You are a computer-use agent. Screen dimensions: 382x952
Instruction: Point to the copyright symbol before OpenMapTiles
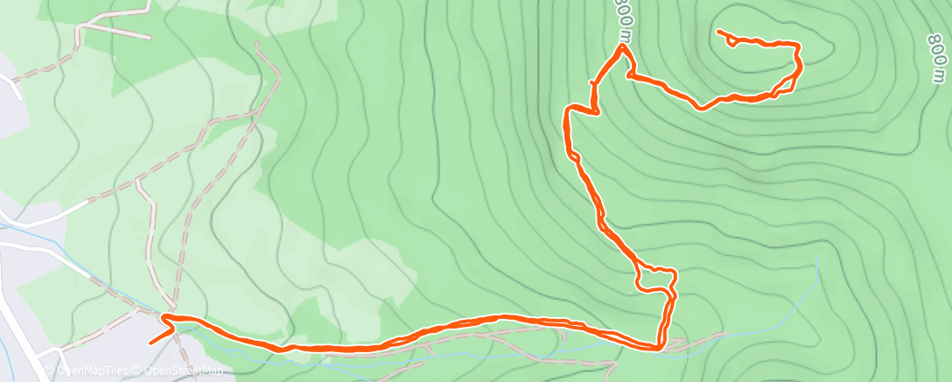coord(49,371)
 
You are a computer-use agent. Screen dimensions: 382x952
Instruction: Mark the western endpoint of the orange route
coord(151,343)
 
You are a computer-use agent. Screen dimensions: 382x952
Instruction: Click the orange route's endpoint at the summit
coord(718,32)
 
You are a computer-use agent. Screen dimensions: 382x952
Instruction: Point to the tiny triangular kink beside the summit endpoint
coord(731,40)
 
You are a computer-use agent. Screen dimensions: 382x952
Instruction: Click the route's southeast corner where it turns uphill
coord(659,348)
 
